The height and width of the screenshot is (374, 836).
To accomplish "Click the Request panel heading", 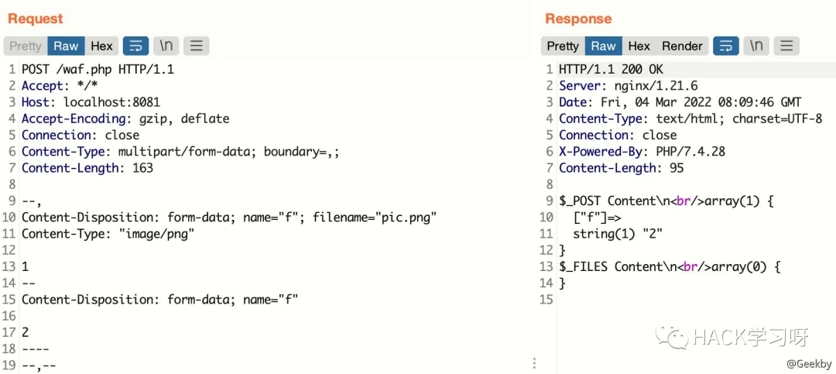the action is coord(35,19).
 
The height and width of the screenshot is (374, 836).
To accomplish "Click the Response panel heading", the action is coord(578,19).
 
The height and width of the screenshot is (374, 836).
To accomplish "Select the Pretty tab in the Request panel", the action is coord(25,46).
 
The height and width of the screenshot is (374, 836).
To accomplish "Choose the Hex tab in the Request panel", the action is coord(101,46).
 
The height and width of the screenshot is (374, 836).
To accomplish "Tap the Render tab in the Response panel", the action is coord(682,46).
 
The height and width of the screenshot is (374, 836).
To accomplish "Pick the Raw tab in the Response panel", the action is coord(603,46).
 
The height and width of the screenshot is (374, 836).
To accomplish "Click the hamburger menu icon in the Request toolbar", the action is coord(196,46).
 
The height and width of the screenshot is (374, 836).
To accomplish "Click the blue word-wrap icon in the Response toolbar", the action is coord(725,46).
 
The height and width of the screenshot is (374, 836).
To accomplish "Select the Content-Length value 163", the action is coord(142,168).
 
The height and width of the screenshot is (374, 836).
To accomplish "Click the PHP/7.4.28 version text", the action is coord(690,152).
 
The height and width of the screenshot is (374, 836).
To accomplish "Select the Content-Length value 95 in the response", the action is coord(676,168).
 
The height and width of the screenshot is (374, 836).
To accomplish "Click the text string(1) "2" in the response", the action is coord(618,234).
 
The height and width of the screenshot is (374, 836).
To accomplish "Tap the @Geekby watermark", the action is coord(809,364).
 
